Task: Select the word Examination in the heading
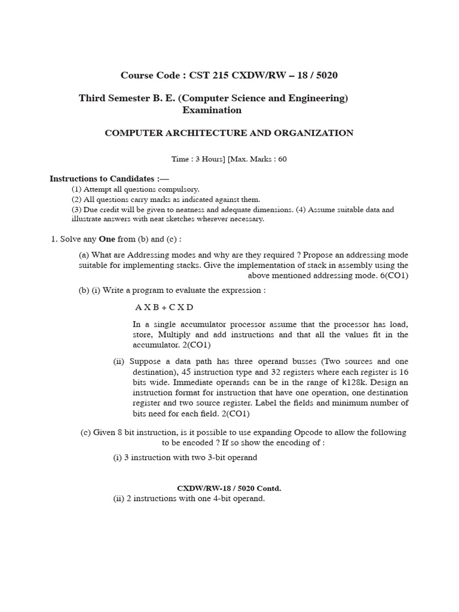213,110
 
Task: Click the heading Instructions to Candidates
109,179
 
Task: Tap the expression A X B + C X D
164,307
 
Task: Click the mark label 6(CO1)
390,276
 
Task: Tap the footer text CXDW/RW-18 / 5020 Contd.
229,488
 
